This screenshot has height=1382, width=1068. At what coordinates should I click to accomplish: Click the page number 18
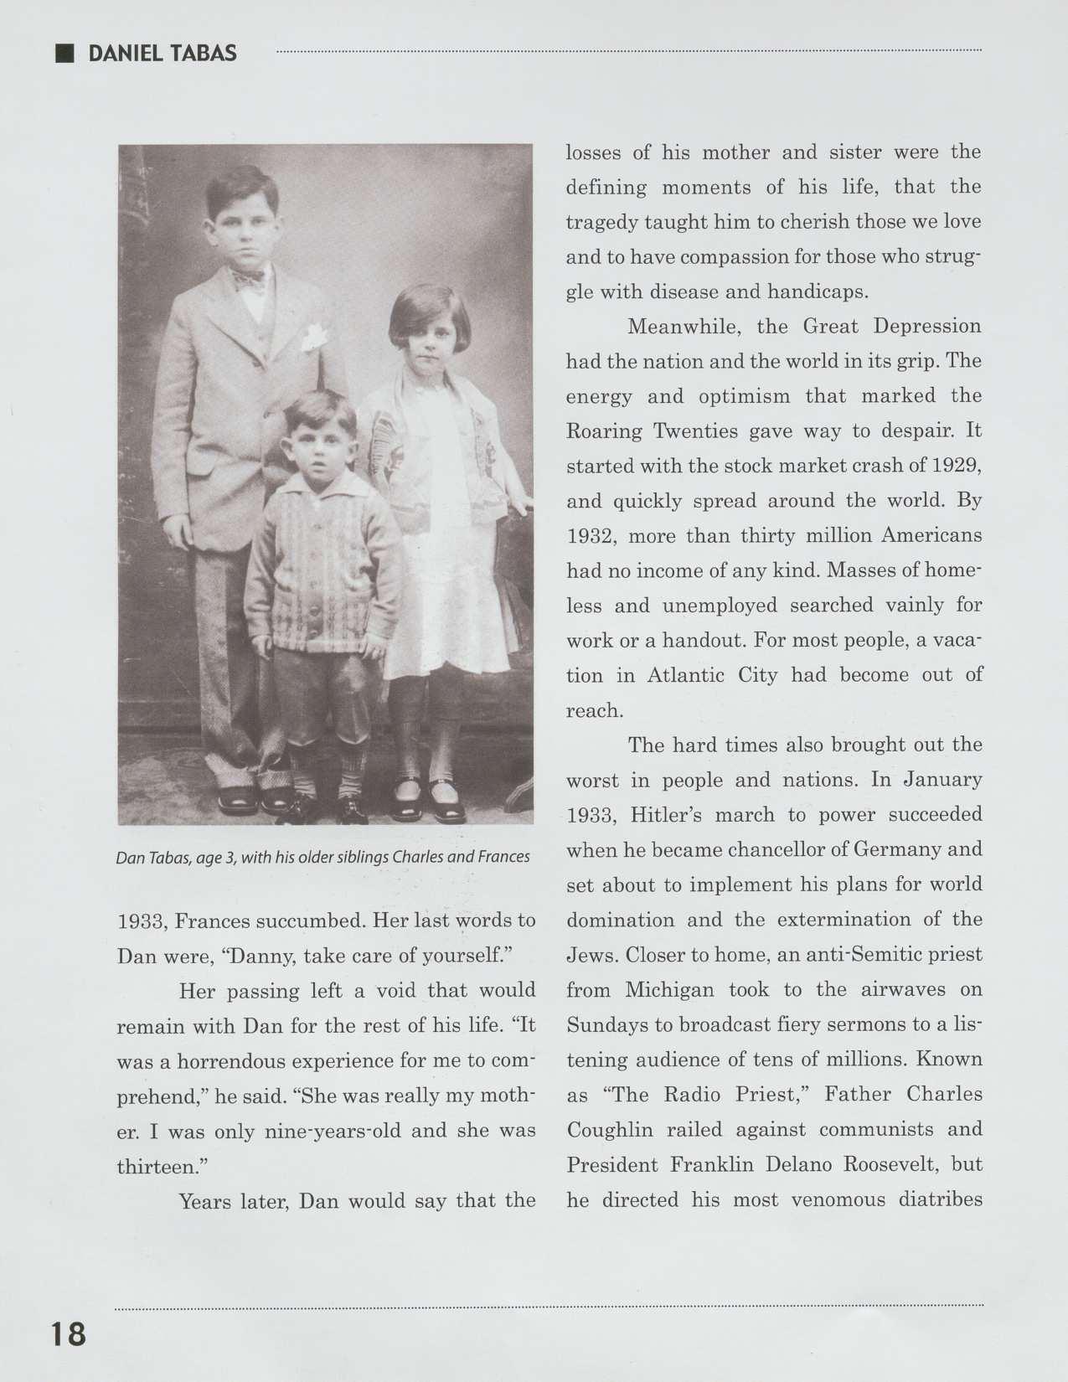click(x=68, y=1333)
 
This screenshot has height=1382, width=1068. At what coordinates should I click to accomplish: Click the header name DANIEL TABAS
click(x=163, y=54)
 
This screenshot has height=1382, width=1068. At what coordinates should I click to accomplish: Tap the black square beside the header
click(x=64, y=54)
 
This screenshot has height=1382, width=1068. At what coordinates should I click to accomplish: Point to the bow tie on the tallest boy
click(x=249, y=278)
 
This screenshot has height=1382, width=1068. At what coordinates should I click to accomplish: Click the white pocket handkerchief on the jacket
click(x=312, y=338)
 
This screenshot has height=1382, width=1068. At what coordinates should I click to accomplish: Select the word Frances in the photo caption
click(x=503, y=857)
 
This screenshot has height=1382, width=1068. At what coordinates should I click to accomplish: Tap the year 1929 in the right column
click(x=957, y=466)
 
